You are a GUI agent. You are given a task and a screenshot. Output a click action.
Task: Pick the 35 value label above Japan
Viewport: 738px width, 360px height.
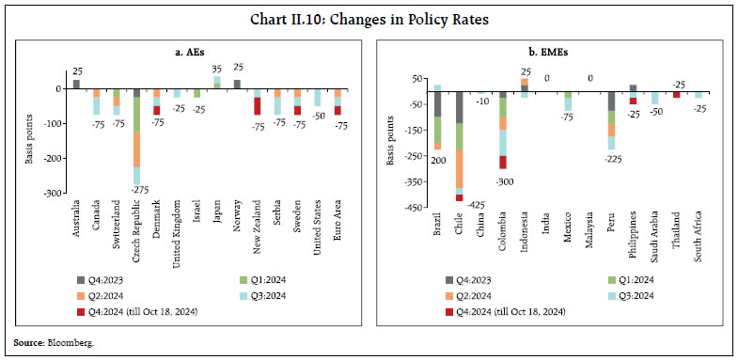(216, 69)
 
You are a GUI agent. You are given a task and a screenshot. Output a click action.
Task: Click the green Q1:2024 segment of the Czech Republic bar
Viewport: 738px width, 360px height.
(136, 114)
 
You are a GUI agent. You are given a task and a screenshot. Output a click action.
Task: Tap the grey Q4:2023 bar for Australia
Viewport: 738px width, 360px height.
(76, 85)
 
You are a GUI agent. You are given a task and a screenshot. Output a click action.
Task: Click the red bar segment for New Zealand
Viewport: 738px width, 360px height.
(257, 105)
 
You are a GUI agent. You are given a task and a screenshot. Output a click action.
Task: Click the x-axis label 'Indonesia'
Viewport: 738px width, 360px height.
(525, 231)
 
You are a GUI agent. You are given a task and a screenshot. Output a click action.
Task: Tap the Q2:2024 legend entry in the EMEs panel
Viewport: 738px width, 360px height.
(478, 292)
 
